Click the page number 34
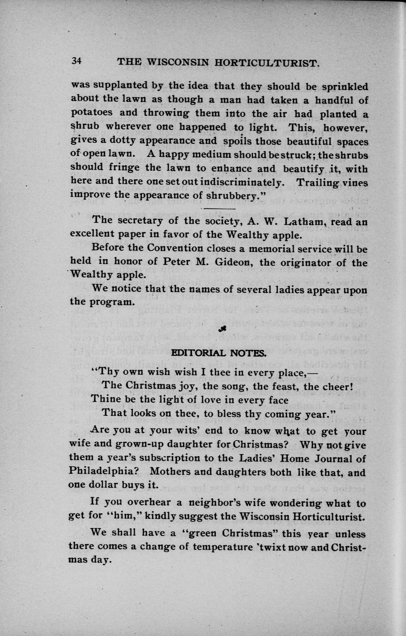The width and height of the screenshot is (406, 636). [x=76, y=61]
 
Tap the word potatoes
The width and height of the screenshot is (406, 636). [x=90, y=113]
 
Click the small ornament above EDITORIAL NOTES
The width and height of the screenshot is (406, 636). [x=222, y=329]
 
